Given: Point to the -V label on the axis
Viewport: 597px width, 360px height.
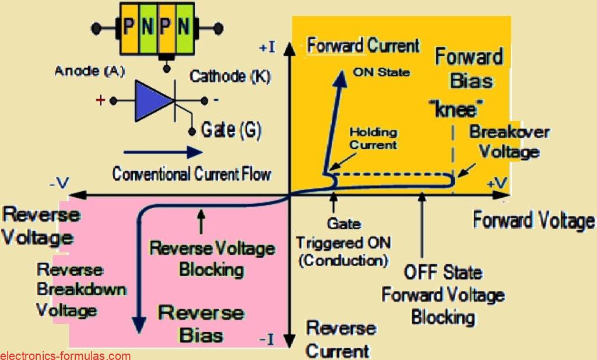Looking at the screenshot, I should (60, 184).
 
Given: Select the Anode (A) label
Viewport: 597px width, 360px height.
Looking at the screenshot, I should (84, 72).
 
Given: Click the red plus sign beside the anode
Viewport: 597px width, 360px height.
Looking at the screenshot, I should (100, 100).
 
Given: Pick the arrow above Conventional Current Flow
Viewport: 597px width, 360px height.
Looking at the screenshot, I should (157, 153).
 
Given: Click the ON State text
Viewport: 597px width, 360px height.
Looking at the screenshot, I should (381, 73).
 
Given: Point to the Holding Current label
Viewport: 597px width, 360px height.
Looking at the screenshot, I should (374, 138).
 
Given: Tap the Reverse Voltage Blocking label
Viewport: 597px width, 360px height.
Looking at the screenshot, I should (212, 259).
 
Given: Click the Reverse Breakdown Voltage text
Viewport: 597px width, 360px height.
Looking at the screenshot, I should (80, 289).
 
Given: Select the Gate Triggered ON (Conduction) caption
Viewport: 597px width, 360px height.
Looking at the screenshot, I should (343, 242).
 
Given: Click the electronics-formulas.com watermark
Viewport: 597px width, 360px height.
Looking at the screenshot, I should (65, 355).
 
